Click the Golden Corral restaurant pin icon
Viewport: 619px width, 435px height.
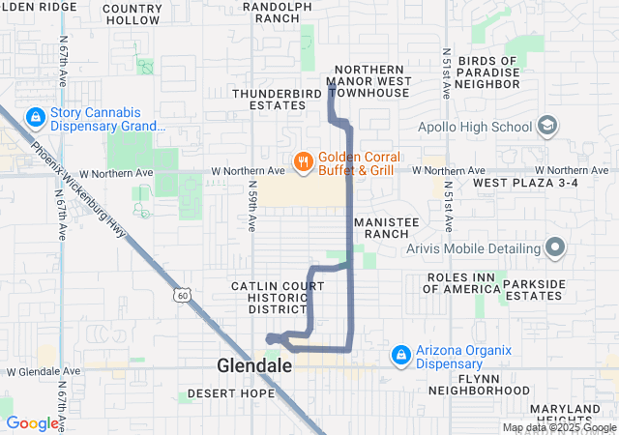[303, 161]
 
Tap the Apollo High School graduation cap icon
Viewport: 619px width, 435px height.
[547, 126]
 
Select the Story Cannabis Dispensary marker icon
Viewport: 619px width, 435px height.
[35, 117]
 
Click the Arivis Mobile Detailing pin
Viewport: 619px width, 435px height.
[555, 248]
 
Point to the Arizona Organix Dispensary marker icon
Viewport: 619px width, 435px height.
[399, 356]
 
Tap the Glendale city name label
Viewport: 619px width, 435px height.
[254, 366]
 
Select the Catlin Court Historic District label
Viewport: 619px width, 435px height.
[270, 297]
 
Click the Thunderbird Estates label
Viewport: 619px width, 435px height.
[269, 100]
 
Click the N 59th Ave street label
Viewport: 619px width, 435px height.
[251, 206]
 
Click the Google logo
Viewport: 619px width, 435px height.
[32, 423]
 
